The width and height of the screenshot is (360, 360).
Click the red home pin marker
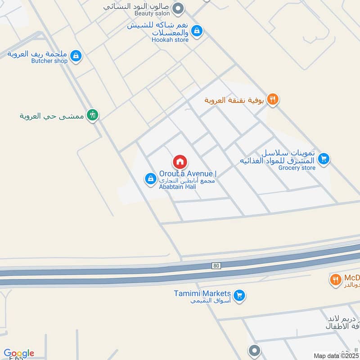180,162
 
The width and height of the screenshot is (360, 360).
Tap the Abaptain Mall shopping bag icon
150,179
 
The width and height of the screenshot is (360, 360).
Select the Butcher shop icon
76,55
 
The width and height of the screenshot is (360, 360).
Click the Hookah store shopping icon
196,31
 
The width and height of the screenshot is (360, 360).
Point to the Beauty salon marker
179,8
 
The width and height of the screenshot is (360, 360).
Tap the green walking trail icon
93,115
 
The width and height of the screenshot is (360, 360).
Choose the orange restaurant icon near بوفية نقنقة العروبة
272,99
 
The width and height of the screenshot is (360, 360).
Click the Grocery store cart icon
324,158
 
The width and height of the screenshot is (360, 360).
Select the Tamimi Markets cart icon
239,295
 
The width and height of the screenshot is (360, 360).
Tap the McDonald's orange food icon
335,279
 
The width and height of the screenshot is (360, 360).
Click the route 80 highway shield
216,266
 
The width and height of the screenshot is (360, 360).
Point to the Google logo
19,353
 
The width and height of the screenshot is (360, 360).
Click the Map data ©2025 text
336,355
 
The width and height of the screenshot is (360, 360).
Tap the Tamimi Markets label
202,293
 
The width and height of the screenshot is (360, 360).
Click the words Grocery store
297,168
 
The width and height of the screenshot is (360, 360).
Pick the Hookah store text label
170,40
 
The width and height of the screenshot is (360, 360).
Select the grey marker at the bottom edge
254,351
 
